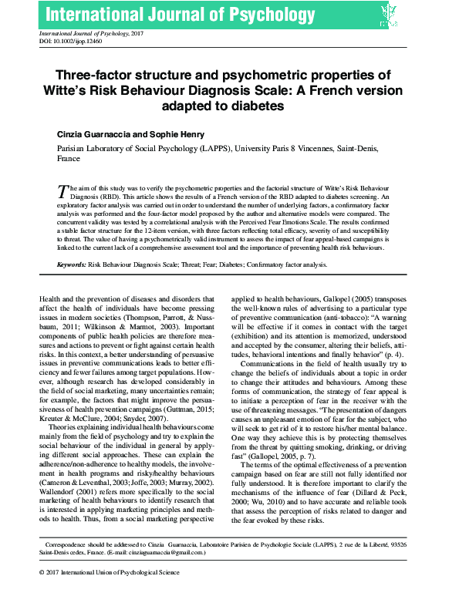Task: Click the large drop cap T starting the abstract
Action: pos(63,190)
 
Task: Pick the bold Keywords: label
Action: pos(72,264)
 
